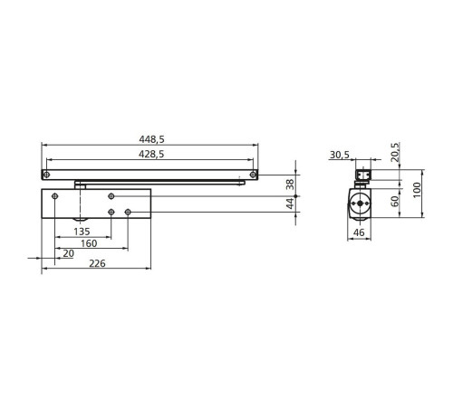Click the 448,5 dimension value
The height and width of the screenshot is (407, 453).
pyautogui.click(x=151, y=139)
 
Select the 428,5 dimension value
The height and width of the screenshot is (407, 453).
pyautogui.click(x=151, y=154)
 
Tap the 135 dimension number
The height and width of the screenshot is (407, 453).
pyautogui.click(x=82, y=232)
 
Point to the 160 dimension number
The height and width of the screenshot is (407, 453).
pyautogui.click(x=89, y=243)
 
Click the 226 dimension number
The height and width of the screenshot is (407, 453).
pyautogui.click(x=97, y=263)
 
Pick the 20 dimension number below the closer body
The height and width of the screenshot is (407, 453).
pyautogui.click(x=68, y=253)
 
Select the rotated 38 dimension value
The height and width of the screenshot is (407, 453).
pyautogui.click(x=290, y=185)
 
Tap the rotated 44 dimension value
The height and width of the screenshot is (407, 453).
pyautogui.click(x=290, y=203)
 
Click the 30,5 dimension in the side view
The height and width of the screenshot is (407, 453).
pyautogui.click(x=340, y=155)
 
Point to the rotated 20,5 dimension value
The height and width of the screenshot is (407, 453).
pyautogui.click(x=395, y=152)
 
